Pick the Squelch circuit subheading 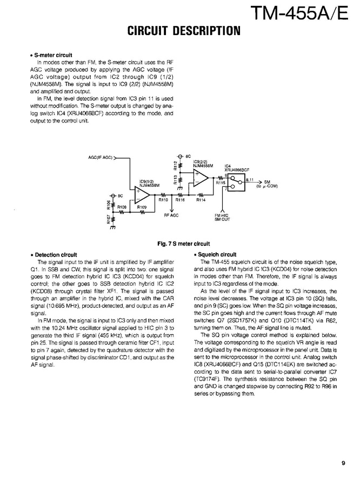(x=216, y=254)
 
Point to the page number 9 (x=343, y=462)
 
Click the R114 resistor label (x=201, y=200)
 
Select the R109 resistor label (x=142, y=207)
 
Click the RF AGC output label (x=171, y=215)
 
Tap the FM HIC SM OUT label (x=223, y=217)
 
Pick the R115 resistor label (x=221, y=184)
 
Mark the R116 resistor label (x=180, y=200)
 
